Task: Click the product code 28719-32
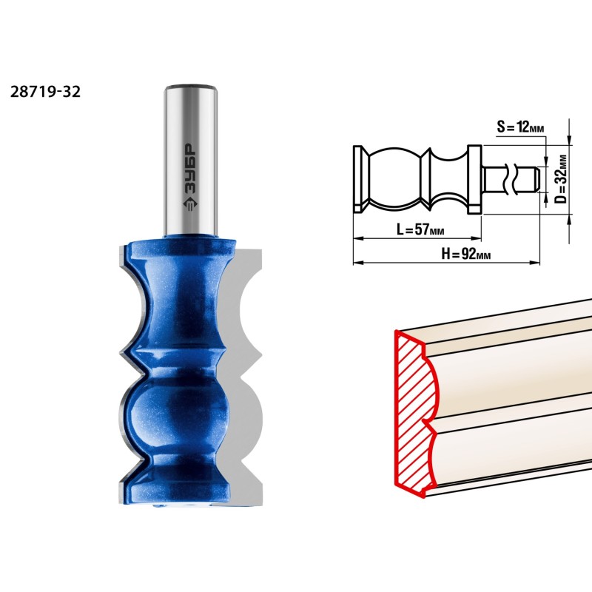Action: tap(45, 92)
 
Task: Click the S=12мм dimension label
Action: tap(520, 127)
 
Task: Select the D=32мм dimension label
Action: tap(561, 179)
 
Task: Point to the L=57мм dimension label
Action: tap(420, 229)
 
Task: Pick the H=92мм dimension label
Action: tap(466, 254)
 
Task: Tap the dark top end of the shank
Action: tap(190, 87)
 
